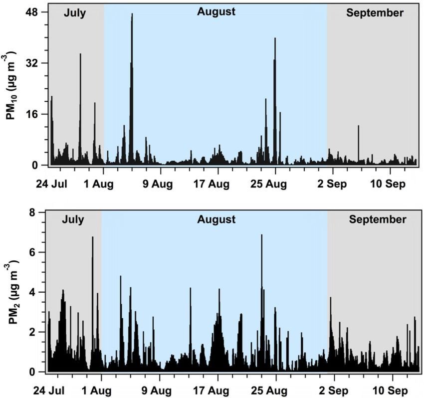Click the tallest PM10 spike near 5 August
pyautogui.click(x=132, y=15)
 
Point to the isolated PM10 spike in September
pyautogui.click(x=358, y=127)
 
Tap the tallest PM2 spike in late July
pyautogui.click(x=92, y=238)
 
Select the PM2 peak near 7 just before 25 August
pyautogui.click(x=261, y=236)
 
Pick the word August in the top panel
pyautogui.click(x=216, y=11)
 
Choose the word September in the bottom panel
pyautogui.click(x=378, y=219)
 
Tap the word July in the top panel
pyautogui.click(x=75, y=13)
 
